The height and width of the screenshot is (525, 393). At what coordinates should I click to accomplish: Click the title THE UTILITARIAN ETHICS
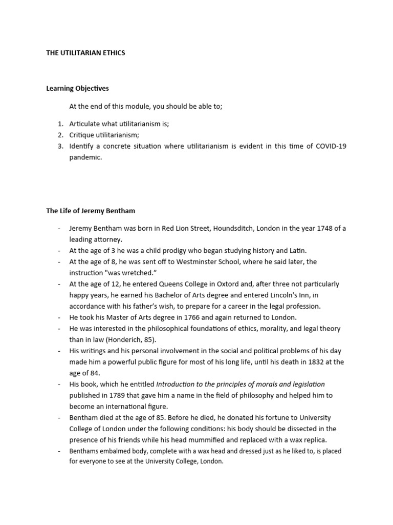pyautogui.click(x=85, y=53)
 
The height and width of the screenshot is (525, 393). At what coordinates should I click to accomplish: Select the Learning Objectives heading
pyautogui.click(x=77, y=89)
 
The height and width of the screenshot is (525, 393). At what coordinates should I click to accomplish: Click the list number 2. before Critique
pyautogui.click(x=60, y=135)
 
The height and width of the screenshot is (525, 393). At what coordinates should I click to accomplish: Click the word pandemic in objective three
pyautogui.click(x=85, y=157)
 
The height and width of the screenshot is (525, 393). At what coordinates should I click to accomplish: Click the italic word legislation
pyautogui.click(x=307, y=384)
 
